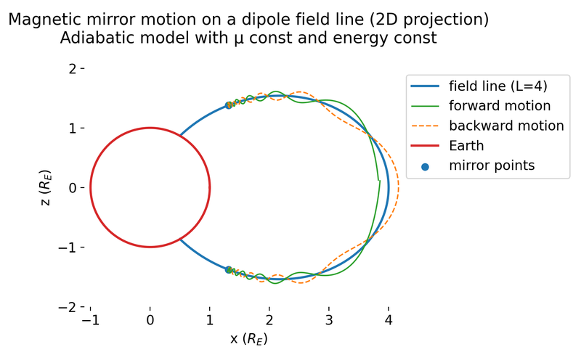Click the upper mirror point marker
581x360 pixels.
(229, 105)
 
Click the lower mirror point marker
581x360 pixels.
(229, 269)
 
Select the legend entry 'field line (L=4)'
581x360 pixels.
(498, 86)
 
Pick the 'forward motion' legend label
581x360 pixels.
(500, 106)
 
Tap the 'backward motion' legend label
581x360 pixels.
(506, 126)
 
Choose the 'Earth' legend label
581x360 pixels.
(466, 146)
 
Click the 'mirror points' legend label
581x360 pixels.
(492, 165)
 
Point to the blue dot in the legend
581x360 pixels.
(425, 167)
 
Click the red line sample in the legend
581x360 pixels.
(425, 146)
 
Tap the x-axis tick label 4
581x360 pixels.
(389, 320)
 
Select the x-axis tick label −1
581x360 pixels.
(90, 320)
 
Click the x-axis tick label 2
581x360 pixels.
(269, 320)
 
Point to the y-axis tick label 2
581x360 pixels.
(72, 69)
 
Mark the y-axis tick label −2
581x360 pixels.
(68, 307)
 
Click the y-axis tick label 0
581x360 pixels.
(72, 188)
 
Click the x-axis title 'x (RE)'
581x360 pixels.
(248, 338)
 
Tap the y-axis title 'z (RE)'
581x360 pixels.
(46, 188)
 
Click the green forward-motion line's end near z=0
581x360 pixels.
(379, 181)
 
